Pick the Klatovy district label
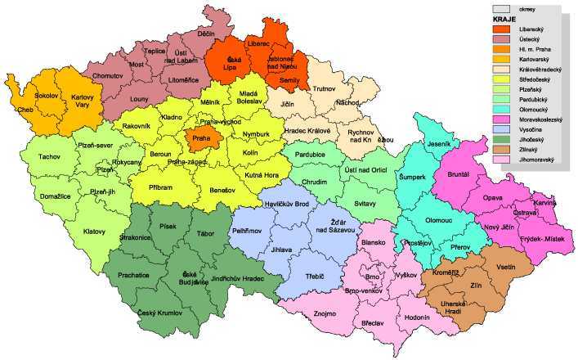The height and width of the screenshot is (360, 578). (95, 232)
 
